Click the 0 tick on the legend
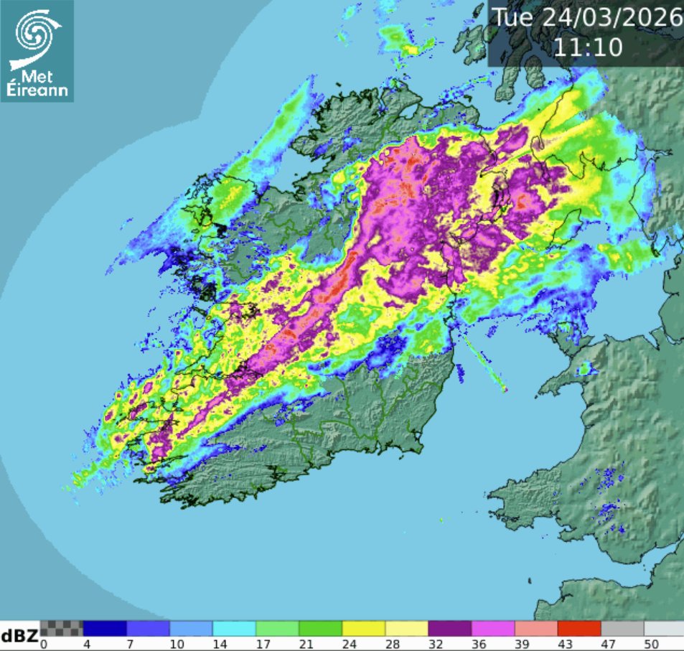click(x=44, y=644)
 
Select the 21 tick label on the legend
click(x=299, y=644)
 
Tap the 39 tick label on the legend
click(x=515, y=644)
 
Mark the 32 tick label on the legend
click(x=428, y=644)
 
